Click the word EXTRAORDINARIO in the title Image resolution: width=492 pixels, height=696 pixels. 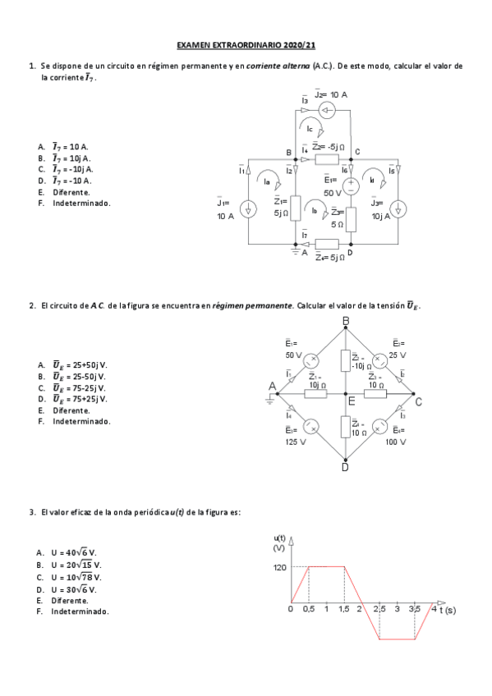coord(246,48)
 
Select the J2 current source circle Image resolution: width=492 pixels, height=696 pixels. coord(328,112)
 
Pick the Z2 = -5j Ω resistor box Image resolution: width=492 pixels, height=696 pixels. coord(327,158)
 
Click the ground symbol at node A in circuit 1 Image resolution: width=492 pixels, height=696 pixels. coord(294,252)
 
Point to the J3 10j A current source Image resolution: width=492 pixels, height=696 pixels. coord(398,210)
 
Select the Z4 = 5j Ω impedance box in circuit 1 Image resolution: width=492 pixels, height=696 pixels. coord(327,244)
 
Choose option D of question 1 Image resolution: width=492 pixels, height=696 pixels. coord(71,181)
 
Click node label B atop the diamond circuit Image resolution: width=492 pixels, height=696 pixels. coord(345,320)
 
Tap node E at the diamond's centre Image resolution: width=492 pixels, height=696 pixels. coord(351,401)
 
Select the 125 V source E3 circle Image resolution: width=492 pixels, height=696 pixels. coord(311,427)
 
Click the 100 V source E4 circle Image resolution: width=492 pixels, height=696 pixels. coord(380,427)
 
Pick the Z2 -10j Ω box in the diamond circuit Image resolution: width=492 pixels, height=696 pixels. coord(345,361)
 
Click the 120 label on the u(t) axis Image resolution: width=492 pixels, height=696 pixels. coord(278,566)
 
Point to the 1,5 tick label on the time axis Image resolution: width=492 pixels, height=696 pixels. coord(343,610)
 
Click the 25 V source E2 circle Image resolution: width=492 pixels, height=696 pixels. coord(380,360)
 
